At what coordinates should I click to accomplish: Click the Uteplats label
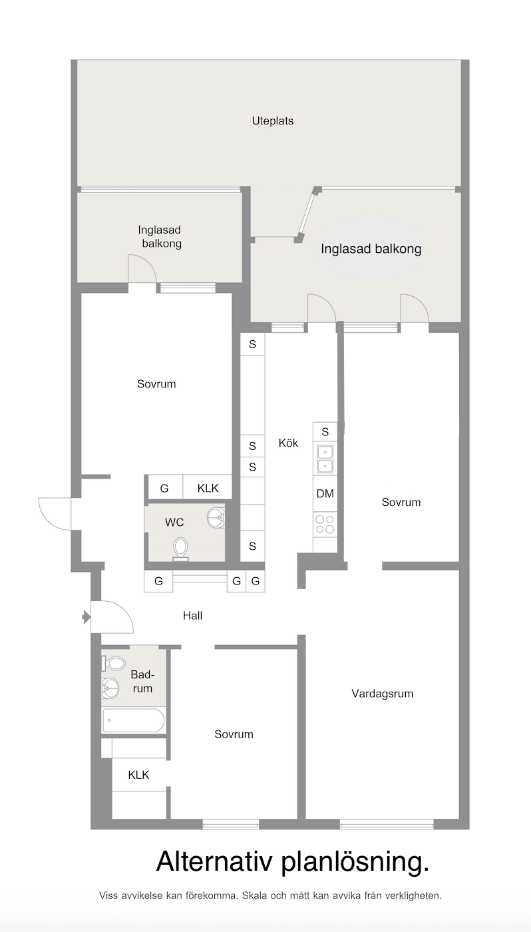click(272, 121)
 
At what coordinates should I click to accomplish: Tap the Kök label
click(288, 443)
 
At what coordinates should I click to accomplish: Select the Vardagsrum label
click(382, 694)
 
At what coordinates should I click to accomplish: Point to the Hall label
click(192, 615)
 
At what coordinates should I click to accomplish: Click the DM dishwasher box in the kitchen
click(325, 493)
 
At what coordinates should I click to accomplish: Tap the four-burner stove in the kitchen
click(325, 525)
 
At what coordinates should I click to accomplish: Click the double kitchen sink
click(325, 459)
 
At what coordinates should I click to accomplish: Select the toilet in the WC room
click(180, 549)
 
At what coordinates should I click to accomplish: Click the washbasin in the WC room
click(216, 517)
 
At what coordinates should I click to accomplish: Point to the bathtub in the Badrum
click(134, 720)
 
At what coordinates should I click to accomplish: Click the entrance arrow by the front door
click(87, 616)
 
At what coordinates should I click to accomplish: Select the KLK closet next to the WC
click(208, 487)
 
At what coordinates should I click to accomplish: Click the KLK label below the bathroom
click(138, 775)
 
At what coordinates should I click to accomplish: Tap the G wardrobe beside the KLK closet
click(164, 487)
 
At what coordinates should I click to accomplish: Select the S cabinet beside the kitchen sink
click(325, 432)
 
